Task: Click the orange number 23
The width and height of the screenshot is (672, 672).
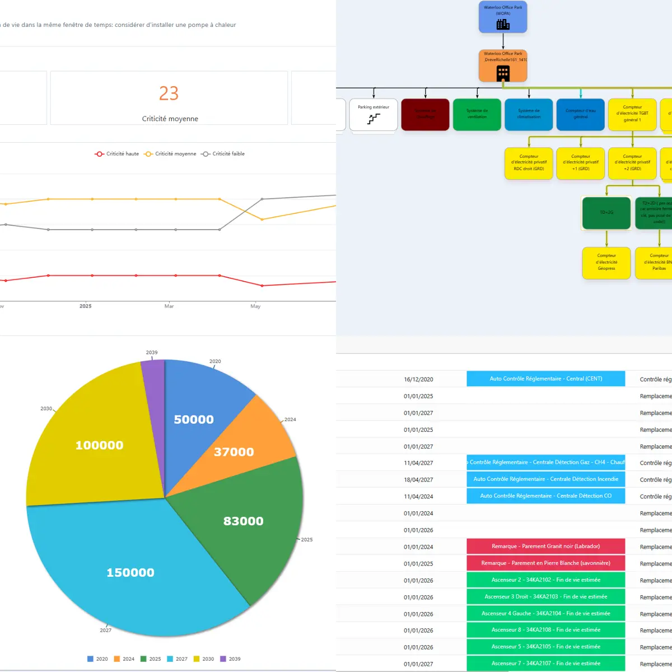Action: (169, 93)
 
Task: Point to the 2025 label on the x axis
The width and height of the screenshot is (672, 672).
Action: (86, 306)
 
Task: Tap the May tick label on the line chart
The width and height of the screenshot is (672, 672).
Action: (255, 306)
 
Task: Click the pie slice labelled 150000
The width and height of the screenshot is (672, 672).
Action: (130, 572)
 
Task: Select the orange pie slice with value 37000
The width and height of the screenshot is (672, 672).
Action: (234, 451)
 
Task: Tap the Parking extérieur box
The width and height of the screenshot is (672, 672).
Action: (374, 115)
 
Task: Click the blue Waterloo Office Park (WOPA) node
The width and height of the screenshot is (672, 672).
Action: (503, 17)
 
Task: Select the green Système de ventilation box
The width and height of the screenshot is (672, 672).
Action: (477, 115)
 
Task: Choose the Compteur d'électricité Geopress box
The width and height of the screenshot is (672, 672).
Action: (606, 263)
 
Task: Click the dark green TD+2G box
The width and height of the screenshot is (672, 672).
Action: (606, 213)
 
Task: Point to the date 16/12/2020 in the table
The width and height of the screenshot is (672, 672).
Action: (418, 379)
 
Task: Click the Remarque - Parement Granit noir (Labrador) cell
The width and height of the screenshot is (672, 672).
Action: (545, 547)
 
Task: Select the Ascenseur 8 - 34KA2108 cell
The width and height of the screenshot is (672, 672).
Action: (545, 630)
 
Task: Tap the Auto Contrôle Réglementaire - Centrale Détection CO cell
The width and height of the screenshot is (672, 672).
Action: (545, 496)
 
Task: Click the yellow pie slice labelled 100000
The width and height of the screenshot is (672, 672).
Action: (99, 445)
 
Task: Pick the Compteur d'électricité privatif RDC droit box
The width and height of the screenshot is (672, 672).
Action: (529, 163)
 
